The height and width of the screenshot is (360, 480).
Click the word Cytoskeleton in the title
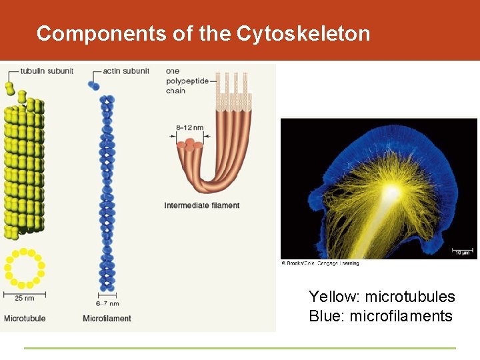coord(303,33)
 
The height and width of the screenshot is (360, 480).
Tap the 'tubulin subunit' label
coord(47,71)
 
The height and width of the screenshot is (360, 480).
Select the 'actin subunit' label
coord(127,71)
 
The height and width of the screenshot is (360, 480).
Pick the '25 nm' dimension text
coord(25,298)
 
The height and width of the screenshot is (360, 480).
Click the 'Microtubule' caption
coord(25,318)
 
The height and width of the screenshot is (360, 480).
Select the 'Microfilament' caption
coord(107,318)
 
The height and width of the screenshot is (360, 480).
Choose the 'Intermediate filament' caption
coord(201,205)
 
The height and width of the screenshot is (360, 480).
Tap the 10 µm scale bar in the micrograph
coord(462,251)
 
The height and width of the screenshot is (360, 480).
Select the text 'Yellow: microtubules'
coord(381,297)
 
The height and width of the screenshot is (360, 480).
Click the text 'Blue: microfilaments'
coord(381,316)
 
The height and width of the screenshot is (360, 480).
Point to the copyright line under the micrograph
coord(320,263)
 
